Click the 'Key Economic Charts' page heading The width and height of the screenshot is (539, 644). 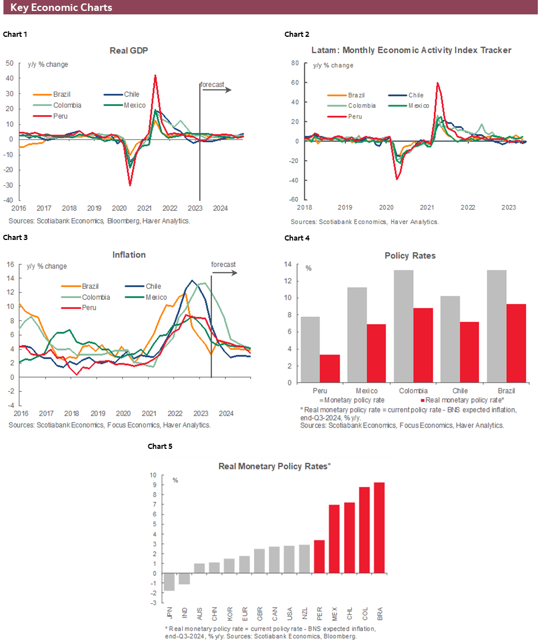(61, 7)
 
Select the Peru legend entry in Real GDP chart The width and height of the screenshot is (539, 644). (60, 116)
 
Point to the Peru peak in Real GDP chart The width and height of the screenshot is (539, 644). (155, 75)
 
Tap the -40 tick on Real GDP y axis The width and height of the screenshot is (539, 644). (10, 200)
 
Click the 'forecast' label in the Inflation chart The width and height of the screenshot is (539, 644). (223, 264)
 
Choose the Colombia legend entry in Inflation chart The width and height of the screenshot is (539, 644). (95, 297)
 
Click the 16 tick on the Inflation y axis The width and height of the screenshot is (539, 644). (9, 265)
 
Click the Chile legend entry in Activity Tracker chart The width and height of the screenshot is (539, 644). (415, 96)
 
